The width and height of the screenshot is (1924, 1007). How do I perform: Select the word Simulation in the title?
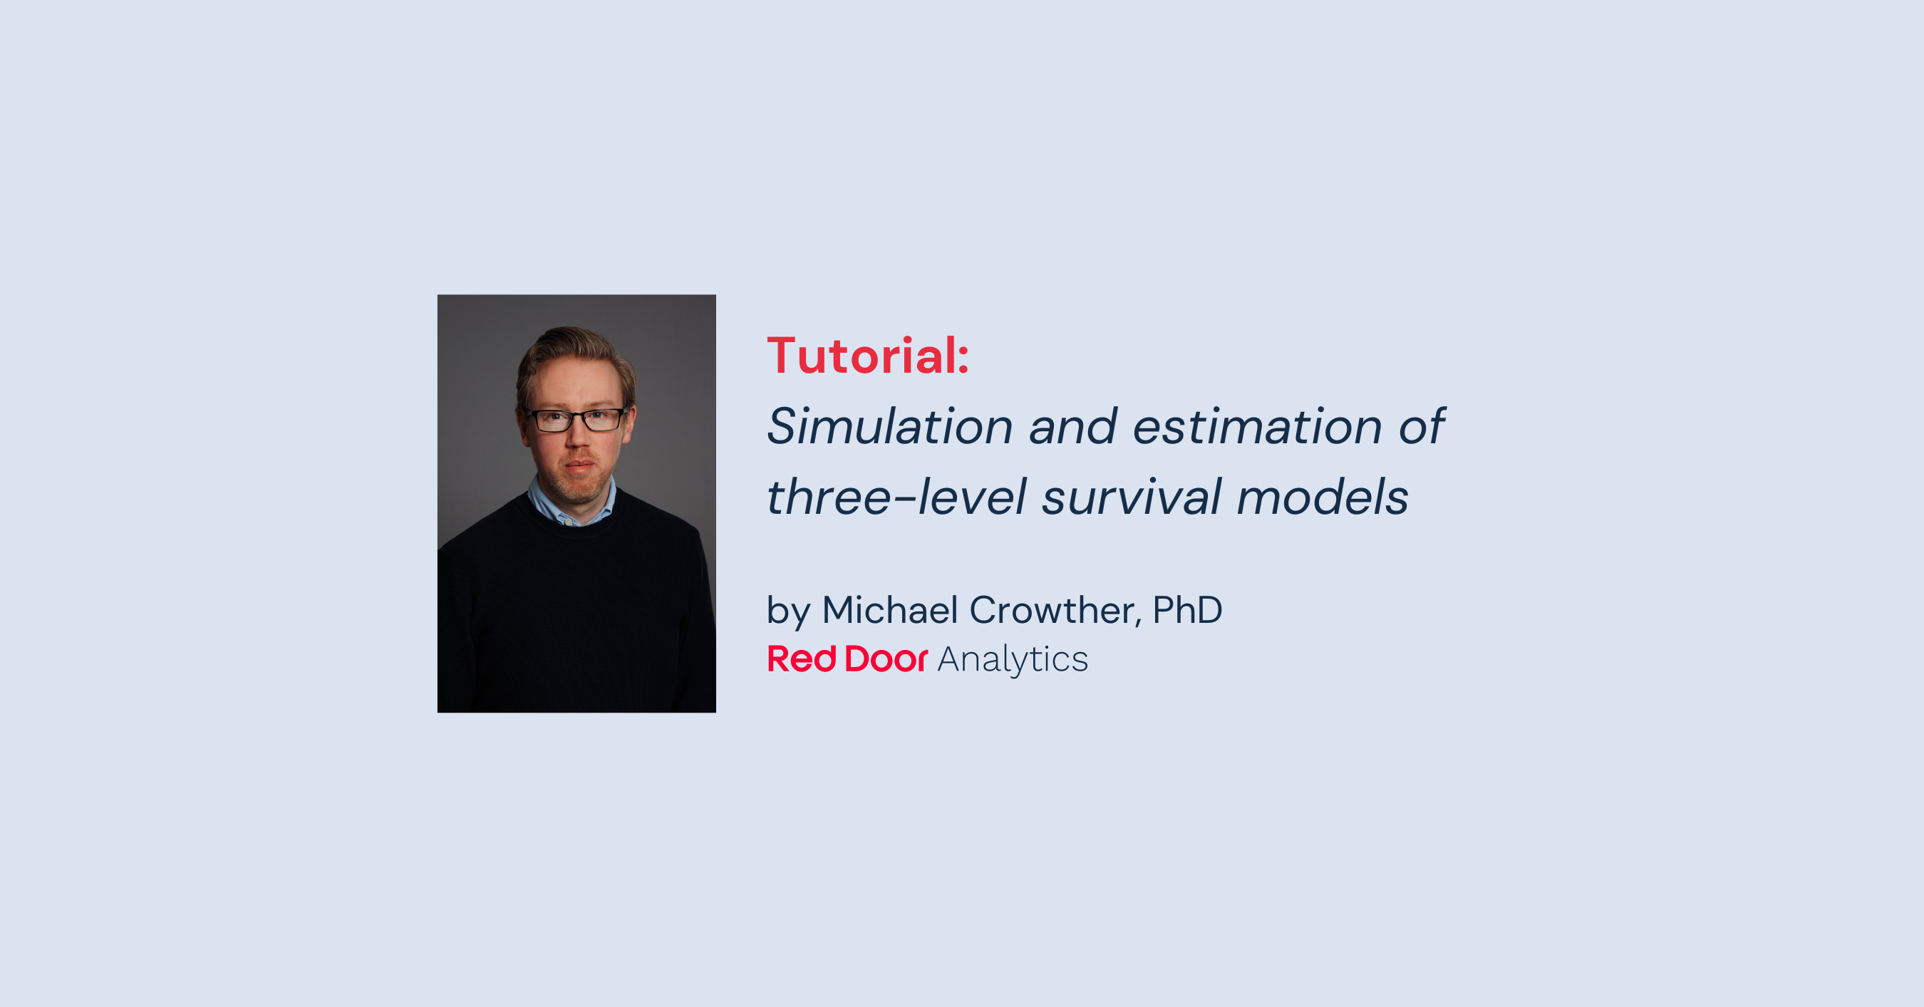[x=889, y=427]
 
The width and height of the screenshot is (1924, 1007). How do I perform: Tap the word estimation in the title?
[x=1257, y=427]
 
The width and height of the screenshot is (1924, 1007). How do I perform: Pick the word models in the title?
[x=1322, y=497]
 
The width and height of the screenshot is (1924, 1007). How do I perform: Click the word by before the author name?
[x=788, y=611]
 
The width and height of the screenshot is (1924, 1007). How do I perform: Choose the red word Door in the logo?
[x=886, y=659]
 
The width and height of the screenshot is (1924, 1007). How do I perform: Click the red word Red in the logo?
[x=802, y=659]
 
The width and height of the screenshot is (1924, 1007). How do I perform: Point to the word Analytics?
[x=1012, y=660]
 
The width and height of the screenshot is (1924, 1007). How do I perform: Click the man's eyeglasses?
[x=576, y=420]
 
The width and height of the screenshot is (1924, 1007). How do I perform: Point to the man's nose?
[x=576, y=436]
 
